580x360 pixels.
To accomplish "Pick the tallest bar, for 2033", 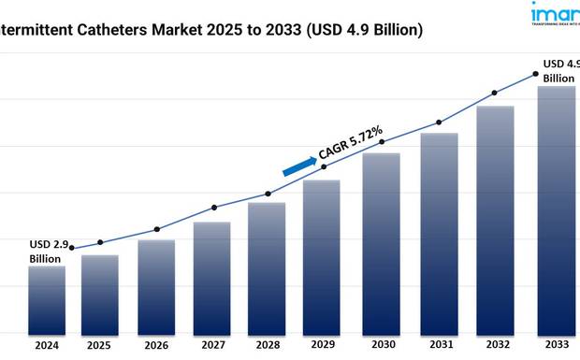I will (x=556, y=209).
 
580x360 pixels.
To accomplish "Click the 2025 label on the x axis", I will (x=99, y=346).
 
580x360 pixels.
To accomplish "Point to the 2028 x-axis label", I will (x=268, y=346).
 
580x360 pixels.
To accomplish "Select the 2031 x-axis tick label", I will (x=438, y=346).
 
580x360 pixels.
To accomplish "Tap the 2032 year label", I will (x=495, y=346).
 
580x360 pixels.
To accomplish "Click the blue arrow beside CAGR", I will (x=299, y=165).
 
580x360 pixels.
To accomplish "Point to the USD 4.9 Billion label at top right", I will (x=558, y=71).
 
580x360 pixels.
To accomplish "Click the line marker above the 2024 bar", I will (x=72, y=248).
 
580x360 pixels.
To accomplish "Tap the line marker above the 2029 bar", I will (x=325, y=166).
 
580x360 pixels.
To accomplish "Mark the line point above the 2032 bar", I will (x=495, y=93).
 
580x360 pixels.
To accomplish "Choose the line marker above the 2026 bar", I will (x=156, y=229).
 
